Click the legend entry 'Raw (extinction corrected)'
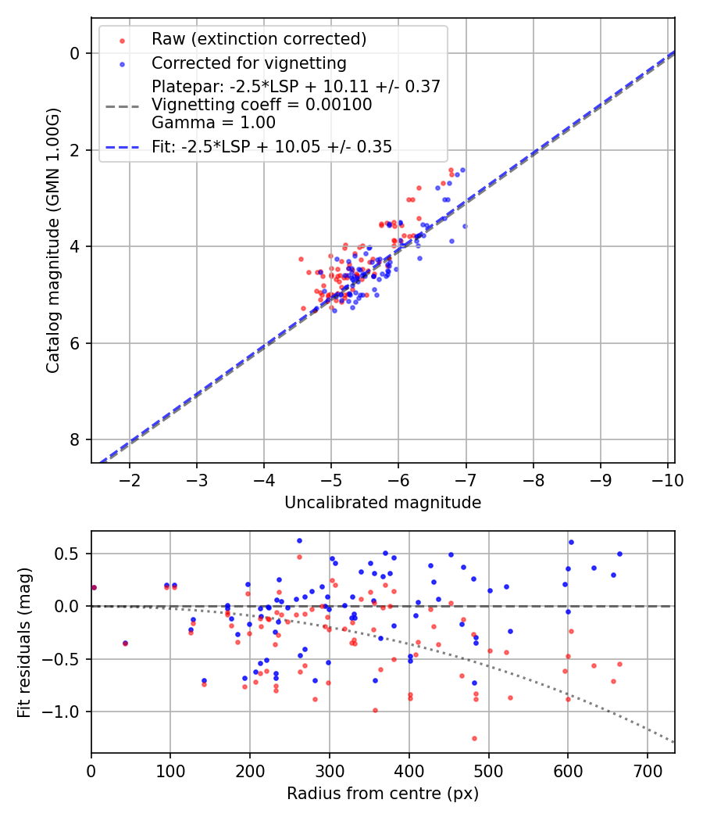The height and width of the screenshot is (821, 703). point(259,39)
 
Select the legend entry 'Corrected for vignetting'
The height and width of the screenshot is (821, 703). point(248,63)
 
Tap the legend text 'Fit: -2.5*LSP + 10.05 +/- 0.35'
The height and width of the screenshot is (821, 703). point(272,146)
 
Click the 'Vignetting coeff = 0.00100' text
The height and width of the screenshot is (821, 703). point(262,105)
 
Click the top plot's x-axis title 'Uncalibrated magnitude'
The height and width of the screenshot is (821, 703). point(383,503)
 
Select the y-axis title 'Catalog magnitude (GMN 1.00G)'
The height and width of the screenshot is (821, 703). point(52,241)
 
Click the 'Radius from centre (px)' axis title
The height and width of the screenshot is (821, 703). point(383,794)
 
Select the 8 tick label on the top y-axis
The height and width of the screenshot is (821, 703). point(76,439)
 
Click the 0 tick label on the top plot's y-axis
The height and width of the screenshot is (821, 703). point(76,53)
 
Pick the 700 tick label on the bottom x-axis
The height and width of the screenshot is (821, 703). point(647,770)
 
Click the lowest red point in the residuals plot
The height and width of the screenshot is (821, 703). point(474,738)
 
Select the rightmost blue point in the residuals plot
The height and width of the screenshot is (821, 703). point(619,554)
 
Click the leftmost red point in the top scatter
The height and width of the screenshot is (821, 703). point(301,259)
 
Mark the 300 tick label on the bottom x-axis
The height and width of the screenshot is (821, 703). point(330,770)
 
